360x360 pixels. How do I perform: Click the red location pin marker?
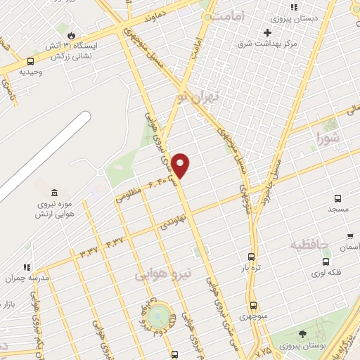pos(181,165)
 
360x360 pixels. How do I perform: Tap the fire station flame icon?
pos(72,34)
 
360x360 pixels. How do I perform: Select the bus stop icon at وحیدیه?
pos(30,62)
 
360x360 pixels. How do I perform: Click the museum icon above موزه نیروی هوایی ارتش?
pos(54,193)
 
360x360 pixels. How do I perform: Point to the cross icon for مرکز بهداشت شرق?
pos(268,33)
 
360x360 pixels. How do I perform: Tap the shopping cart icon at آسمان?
pos(350,236)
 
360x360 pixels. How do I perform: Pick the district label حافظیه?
pos(309,245)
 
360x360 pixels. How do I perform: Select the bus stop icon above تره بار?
pos(251,257)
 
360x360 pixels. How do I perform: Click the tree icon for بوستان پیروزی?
pos(302,333)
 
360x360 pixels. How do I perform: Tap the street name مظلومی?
pos(129,194)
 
